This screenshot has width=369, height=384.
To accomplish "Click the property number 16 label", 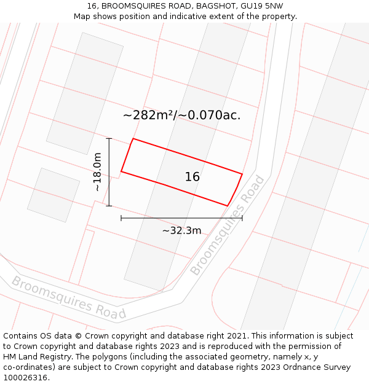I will click(192, 177).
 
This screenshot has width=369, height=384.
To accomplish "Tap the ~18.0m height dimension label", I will click(97, 173).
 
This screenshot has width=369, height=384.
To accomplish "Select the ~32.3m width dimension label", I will click(181, 230).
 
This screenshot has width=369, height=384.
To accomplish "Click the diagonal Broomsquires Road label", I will click(228, 225).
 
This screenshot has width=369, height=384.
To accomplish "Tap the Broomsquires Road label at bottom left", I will click(68, 298).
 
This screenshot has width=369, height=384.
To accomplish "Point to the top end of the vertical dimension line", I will click(109, 138).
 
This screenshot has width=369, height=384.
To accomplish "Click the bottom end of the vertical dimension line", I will click(109, 206).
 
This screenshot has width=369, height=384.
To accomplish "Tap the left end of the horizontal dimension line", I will click(121, 218).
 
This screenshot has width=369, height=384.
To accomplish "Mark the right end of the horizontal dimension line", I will click(242, 218).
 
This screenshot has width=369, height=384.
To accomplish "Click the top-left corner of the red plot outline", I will click(133, 138).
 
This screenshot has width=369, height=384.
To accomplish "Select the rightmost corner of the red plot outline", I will click(242, 174).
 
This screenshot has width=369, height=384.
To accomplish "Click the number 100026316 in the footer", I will click(25, 378).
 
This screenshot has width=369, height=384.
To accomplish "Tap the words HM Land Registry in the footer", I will click(37, 357).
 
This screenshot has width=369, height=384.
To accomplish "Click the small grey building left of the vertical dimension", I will click(54, 194).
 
